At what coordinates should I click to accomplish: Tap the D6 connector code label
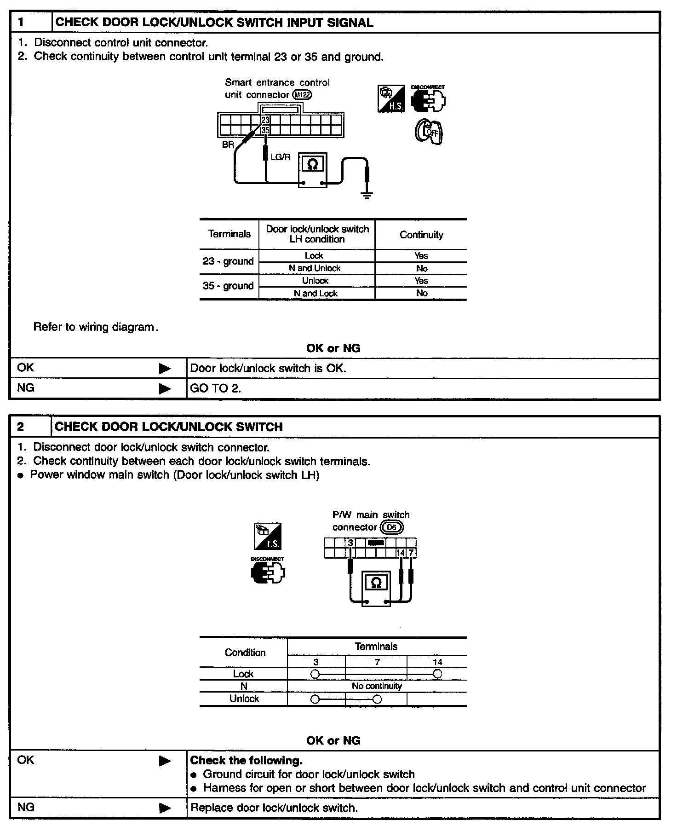(x=391, y=527)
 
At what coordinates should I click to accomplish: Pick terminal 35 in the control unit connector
(x=265, y=131)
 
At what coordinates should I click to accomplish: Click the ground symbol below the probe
(x=367, y=196)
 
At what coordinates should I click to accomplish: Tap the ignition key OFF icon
(x=429, y=132)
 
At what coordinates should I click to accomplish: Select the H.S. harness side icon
(x=391, y=98)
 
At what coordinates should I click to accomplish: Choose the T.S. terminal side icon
(x=268, y=536)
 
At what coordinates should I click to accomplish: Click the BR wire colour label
(x=228, y=144)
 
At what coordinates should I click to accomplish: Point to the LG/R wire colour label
(x=281, y=157)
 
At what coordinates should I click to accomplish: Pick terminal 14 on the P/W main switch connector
(x=401, y=553)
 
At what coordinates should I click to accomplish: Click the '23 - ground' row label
(x=228, y=261)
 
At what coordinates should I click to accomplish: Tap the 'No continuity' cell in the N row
(x=377, y=686)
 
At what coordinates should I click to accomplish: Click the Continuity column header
(x=421, y=235)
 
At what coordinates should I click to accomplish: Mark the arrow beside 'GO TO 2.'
(x=164, y=389)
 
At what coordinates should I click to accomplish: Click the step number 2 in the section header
(x=21, y=427)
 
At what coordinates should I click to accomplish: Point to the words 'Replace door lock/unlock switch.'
(x=274, y=808)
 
